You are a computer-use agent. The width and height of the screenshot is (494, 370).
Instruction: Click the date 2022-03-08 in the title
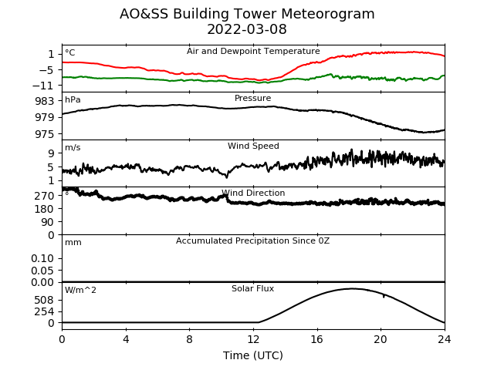[x=247, y=29]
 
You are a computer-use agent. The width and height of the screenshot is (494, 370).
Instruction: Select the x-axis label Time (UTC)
[x=253, y=355]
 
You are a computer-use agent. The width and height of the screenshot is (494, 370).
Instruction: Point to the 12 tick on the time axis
[x=253, y=339]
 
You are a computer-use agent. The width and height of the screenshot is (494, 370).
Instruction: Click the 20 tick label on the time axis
[x=381, y=339]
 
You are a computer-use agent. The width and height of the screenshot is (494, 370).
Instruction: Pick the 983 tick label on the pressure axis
[x=45, y=101]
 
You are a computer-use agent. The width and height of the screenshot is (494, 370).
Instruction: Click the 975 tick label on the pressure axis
[x=45, y=134]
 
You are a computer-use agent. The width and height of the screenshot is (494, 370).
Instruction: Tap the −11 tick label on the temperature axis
[x=43, y=86]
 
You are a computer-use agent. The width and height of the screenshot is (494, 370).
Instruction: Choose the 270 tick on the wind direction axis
[x=45, y=196]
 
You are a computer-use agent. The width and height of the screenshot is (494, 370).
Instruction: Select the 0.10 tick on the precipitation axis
[x=42, y=259]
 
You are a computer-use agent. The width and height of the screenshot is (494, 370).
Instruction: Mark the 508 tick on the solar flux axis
[x=45, y=300]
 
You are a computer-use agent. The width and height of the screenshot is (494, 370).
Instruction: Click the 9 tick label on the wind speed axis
[x=51, y=153]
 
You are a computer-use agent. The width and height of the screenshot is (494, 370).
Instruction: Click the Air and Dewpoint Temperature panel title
[x=253, y=51]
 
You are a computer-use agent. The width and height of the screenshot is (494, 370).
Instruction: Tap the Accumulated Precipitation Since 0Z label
[x=252, y=240]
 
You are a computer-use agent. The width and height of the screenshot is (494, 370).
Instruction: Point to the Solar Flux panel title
[x=252, y=288]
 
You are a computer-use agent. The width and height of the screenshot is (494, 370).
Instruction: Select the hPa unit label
[x=73, y=99]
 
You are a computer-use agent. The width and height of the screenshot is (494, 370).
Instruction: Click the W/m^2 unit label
[x=80, y=290]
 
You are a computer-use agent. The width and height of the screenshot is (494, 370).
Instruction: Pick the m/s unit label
[x=73, y=147]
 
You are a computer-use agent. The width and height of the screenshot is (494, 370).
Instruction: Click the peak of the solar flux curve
[x=352, y=288]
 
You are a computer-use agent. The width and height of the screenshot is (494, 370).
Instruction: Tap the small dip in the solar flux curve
[x=384, y=296]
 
